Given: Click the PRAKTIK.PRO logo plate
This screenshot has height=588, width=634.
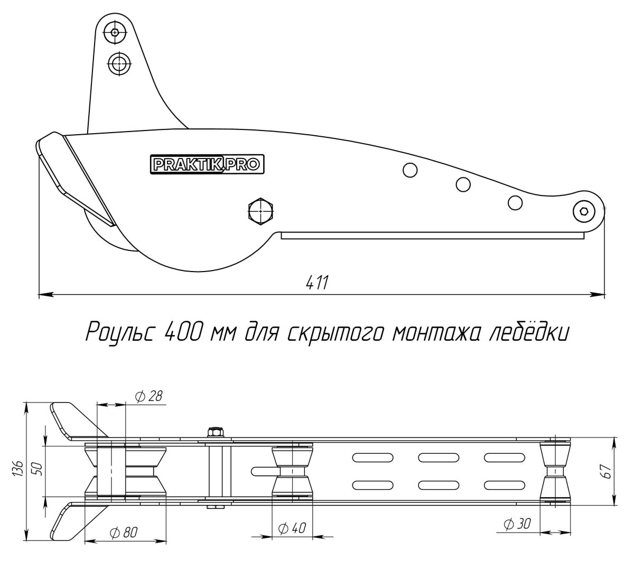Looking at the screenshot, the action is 207,164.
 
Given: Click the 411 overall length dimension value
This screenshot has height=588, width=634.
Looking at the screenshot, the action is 317,283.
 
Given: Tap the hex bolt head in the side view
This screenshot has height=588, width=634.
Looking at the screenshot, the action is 261,211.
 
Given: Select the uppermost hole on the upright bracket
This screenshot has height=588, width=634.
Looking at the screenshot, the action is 115,32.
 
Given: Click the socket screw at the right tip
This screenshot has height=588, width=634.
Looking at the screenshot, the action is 584,211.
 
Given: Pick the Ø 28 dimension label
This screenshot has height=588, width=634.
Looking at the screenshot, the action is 149,396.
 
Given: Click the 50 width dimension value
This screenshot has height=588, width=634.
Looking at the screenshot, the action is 38,468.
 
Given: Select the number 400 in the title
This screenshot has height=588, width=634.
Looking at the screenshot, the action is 183,332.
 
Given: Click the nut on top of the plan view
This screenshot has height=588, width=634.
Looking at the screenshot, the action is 216,432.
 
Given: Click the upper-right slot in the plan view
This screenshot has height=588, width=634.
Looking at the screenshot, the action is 505,458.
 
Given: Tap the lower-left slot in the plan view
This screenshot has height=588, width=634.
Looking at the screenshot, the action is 373,485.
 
